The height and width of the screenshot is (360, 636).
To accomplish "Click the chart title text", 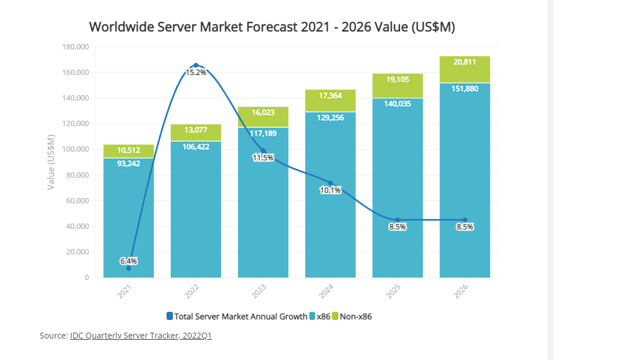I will click(272, 27).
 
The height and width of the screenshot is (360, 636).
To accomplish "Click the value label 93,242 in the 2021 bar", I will click(129, 163).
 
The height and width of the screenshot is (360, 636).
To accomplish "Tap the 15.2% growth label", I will click(196, 73).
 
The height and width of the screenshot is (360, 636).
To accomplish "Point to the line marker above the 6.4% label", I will click(129, 268).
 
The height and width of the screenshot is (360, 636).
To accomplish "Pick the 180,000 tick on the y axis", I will click(75, 47).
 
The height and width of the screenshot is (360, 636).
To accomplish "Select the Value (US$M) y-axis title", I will click(51, 161).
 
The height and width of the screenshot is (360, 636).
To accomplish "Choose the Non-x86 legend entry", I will click(355, 316).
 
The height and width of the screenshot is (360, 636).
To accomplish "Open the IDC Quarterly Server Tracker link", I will click(141, 336).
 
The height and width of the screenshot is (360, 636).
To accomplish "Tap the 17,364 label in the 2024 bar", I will click(330, 95).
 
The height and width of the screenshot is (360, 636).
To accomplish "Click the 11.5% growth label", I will click(263, 158).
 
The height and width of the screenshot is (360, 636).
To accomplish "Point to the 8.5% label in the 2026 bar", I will click(465, 227).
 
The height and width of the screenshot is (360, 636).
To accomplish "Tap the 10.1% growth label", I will click(330, 190).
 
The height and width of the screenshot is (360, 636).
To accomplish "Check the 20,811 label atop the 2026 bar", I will click(465, 62).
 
